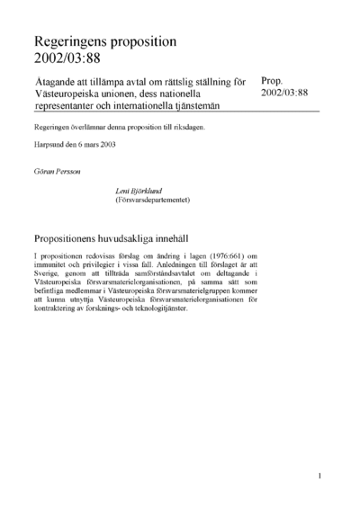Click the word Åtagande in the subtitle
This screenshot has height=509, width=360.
[57, 80]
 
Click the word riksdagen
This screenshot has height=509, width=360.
[187, 128]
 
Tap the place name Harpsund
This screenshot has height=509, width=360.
[50, 145]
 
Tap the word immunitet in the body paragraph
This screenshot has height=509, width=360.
[50, 266]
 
